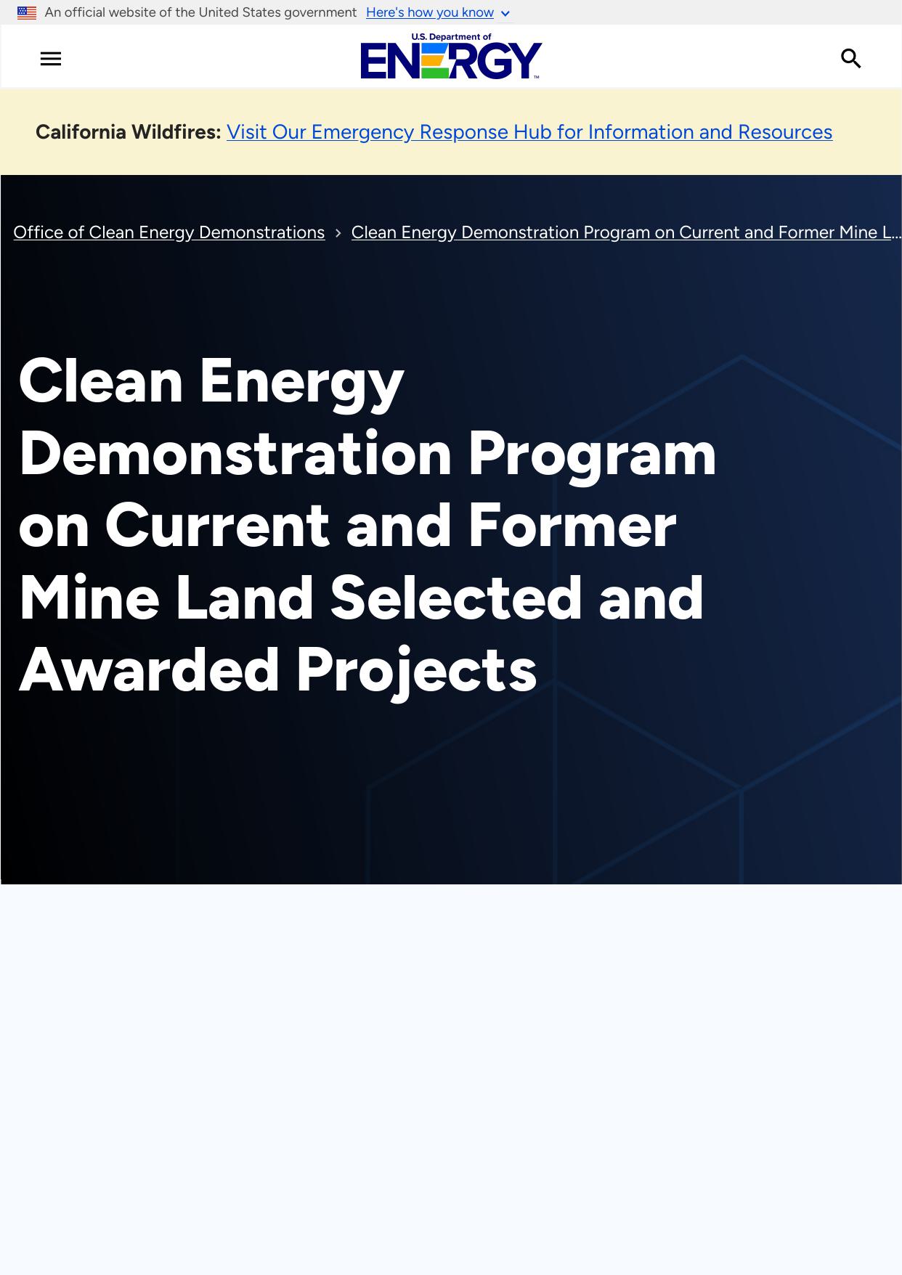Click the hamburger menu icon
coord(51,59)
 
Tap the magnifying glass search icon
coord(851,59)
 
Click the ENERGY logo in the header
coord(451,57)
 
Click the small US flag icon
coord(27,12)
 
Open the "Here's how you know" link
coord(430,12)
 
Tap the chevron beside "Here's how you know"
coord(505,14)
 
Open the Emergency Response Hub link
coord(529,132)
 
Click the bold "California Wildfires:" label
coord(129,132)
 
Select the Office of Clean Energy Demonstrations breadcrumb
coord(169,232)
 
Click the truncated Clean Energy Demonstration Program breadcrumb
coord(626,232)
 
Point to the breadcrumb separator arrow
coord(338,233)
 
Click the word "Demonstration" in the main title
coord(235,454)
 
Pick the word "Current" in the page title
coord(217,526)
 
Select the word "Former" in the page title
coord(572,526)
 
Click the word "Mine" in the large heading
coord(89,598)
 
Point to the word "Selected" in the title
coord(456,598)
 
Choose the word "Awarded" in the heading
coord(150,670)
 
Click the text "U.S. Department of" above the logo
coord(451,37)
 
